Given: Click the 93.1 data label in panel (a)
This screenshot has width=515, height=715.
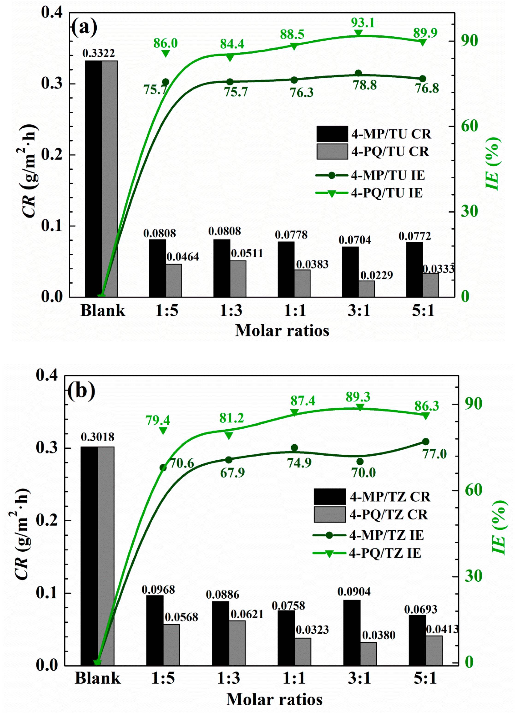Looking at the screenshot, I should click(363, 23).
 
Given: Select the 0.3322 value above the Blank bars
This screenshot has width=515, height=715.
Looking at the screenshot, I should click(99, 53).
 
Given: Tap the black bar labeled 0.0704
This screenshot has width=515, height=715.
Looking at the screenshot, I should click(350, 271).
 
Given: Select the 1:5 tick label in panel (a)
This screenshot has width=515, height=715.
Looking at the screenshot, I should click(167, 310).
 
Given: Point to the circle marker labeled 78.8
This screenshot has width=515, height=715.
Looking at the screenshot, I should click(358, 73).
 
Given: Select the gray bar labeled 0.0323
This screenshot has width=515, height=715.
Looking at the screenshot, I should click(303, 651).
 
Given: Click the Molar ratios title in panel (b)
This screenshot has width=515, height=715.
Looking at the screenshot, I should click(274, 699).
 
